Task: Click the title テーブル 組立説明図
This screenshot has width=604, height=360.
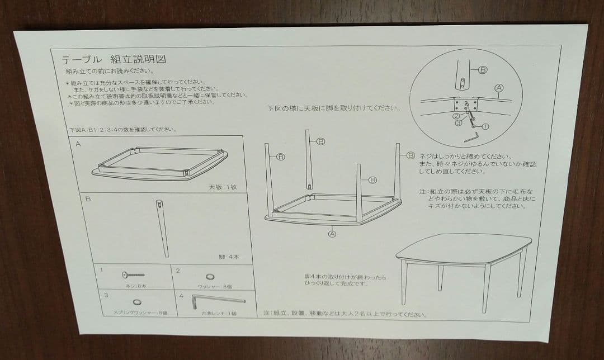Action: (114, 59)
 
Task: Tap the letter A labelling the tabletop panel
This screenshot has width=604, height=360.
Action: (78, 144)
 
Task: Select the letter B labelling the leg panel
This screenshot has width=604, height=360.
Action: (88, 198)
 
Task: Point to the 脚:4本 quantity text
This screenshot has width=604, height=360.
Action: (229, 257)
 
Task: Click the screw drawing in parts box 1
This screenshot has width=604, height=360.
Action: (133, 274)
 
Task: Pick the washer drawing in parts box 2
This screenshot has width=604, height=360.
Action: (210, 277)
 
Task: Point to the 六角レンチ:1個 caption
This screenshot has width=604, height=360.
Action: (219, 313)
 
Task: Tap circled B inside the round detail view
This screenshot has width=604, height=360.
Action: (483, 70)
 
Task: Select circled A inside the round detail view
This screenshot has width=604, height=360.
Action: (499, 88)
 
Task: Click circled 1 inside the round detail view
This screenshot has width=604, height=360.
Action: (485, 126)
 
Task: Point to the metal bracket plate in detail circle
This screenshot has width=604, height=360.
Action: (465, 105)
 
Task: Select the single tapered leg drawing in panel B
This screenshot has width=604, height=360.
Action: (163, 226)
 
